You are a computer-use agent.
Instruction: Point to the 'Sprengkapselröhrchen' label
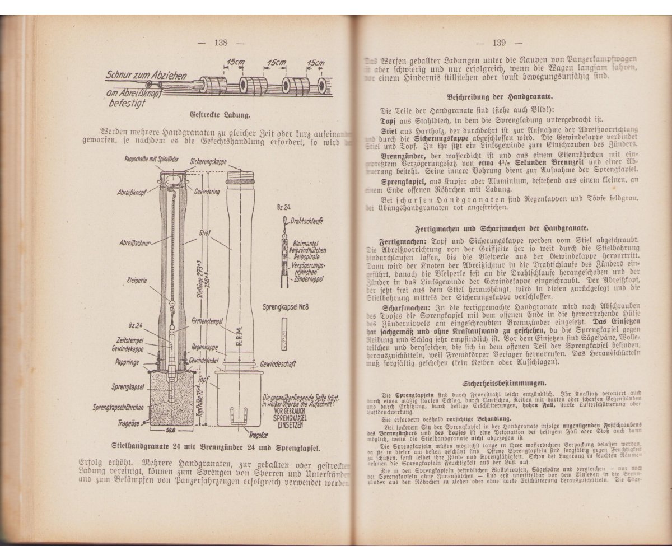[x=122, y=408]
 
